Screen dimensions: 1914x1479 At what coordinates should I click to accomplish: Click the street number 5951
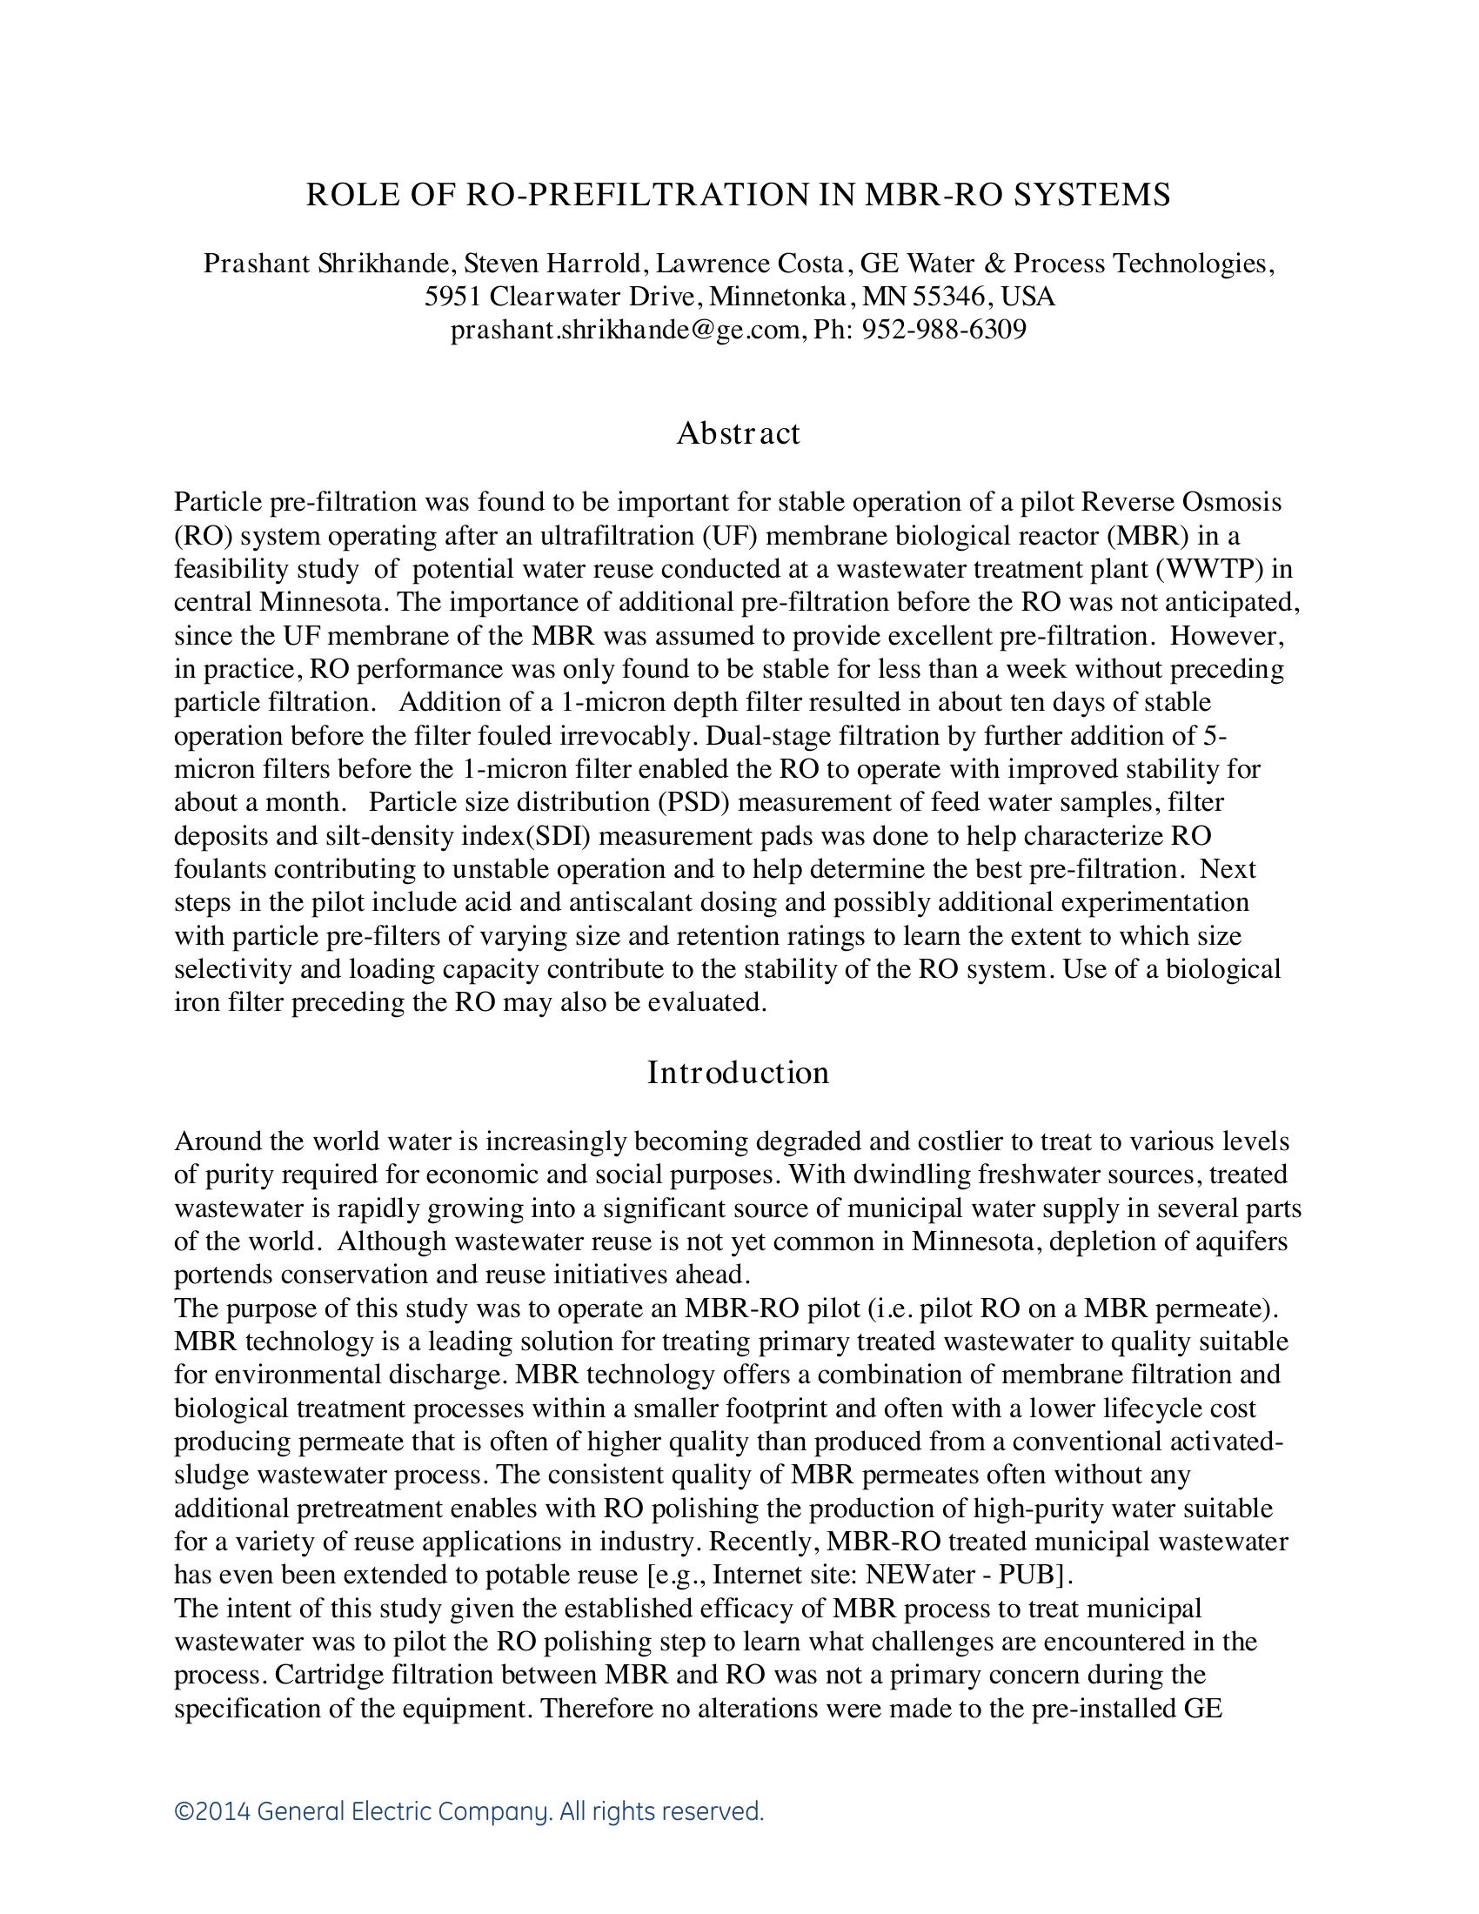click(x=453, y=296)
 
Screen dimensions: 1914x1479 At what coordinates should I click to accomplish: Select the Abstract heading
click(x=738, y=433)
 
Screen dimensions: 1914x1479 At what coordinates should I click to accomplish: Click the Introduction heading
click(x=738, y=1073)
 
